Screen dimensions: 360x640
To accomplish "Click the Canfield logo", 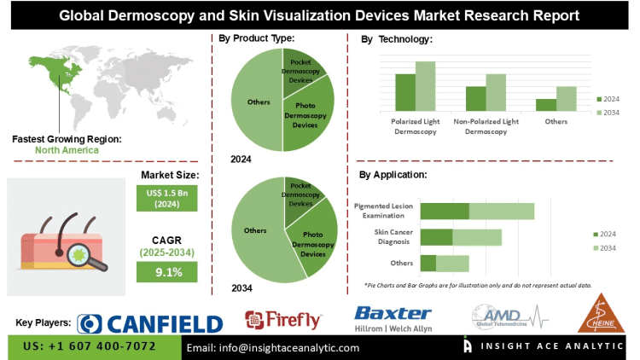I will pos(150,322).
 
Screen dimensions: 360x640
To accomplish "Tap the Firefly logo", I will pos(283,320).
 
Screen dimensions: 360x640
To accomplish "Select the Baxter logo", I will pos(393,317).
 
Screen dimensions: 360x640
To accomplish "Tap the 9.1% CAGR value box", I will pos(166,272).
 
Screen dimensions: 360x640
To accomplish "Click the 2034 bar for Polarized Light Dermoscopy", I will pos(426,86).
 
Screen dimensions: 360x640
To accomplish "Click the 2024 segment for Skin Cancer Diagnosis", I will pos(436,237).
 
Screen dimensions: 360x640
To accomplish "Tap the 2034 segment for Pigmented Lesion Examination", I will pos(501,211).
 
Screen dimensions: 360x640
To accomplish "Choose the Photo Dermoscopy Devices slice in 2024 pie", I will pos(311,115).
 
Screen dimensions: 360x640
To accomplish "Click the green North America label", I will pos(67,150).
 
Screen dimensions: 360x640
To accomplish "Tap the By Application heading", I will pos(393,175).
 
